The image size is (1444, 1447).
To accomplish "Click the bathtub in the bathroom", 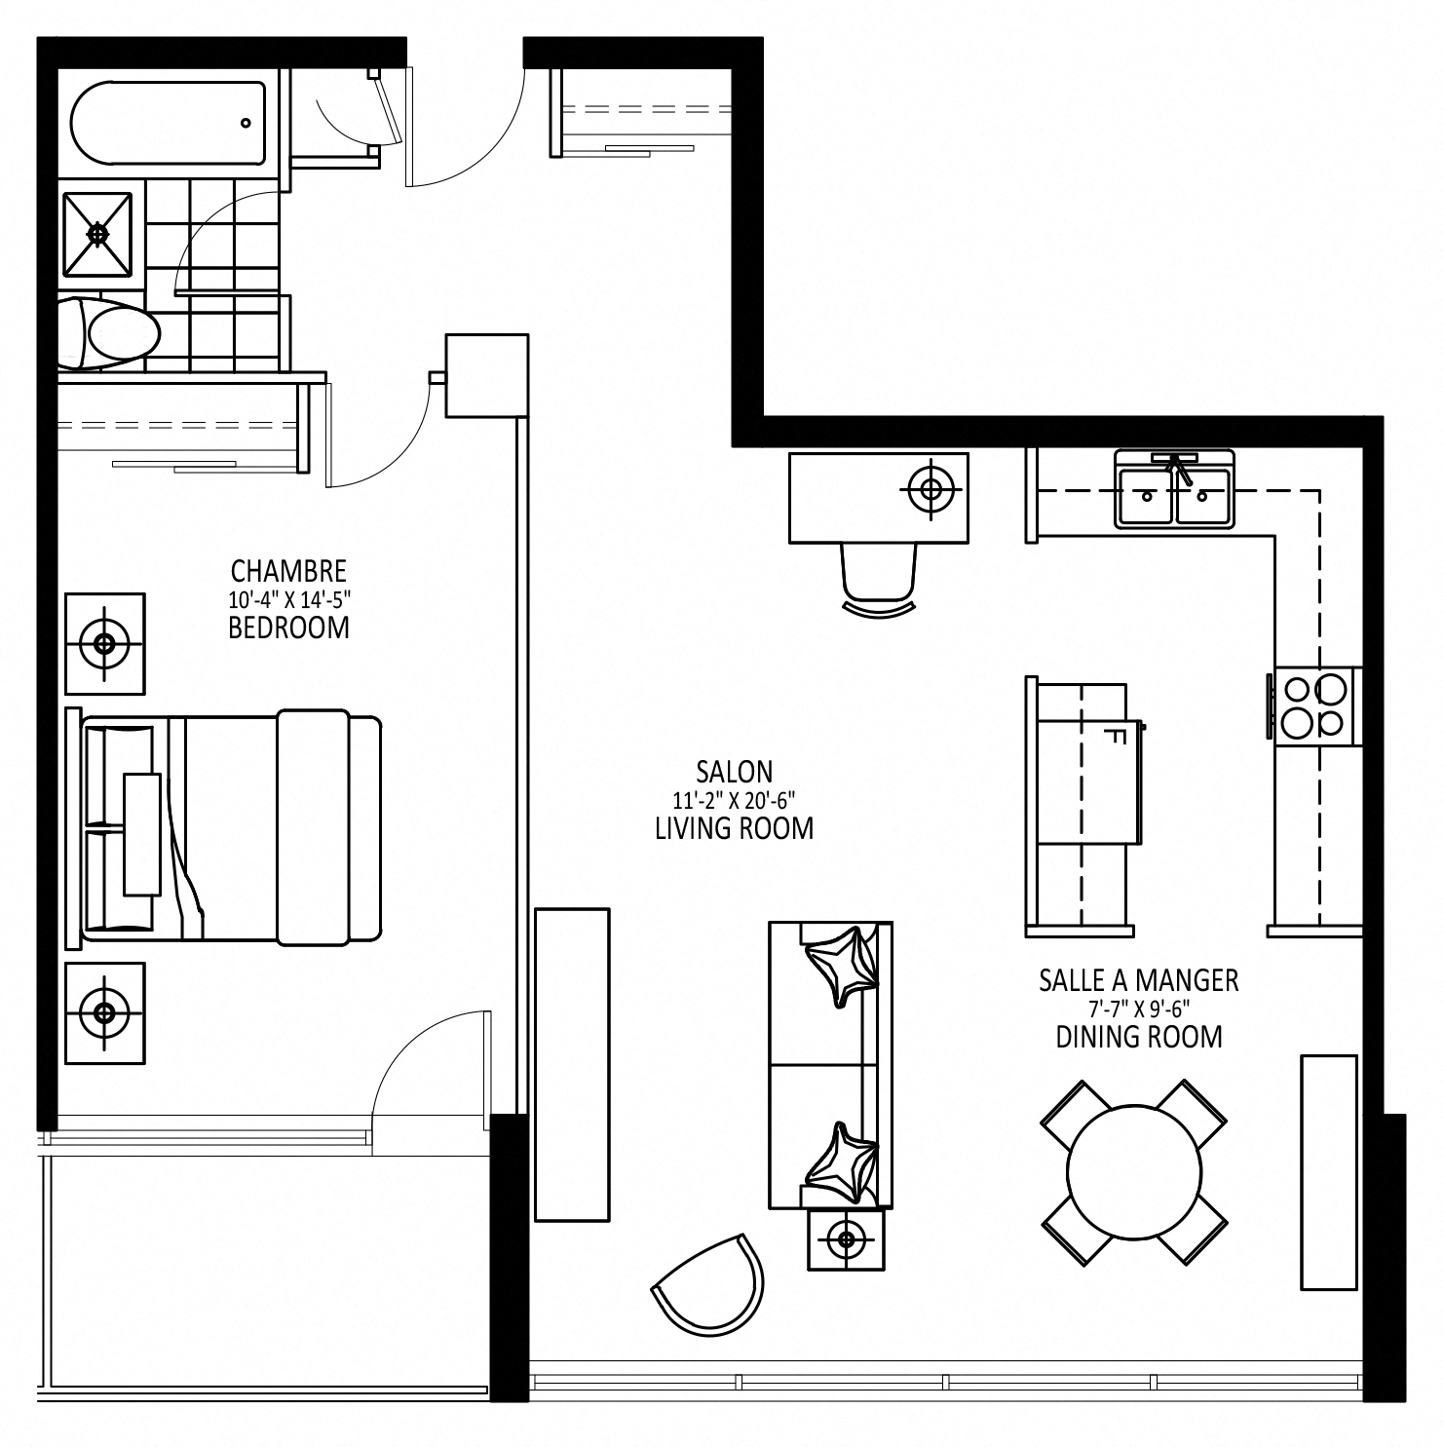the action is click(168, 124).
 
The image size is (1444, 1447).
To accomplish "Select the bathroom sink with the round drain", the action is click(97, 234).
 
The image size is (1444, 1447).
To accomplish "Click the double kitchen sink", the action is click(1175, 490).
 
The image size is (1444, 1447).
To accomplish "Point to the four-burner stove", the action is click(1314, 706).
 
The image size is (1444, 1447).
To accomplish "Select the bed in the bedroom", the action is click(223, 827).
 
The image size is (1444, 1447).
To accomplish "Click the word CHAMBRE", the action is click(288, 570).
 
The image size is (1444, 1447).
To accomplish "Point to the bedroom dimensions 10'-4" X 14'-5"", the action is click(288, 599).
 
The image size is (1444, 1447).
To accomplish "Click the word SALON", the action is click(735, 772).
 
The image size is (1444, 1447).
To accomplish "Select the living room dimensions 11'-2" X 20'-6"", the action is click(735, 801).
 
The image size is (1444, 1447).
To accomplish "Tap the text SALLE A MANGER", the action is click(1139, 979).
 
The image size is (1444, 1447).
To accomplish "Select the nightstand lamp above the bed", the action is click(104, 643).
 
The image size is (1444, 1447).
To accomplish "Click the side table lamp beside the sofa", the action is click(846, 1239).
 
